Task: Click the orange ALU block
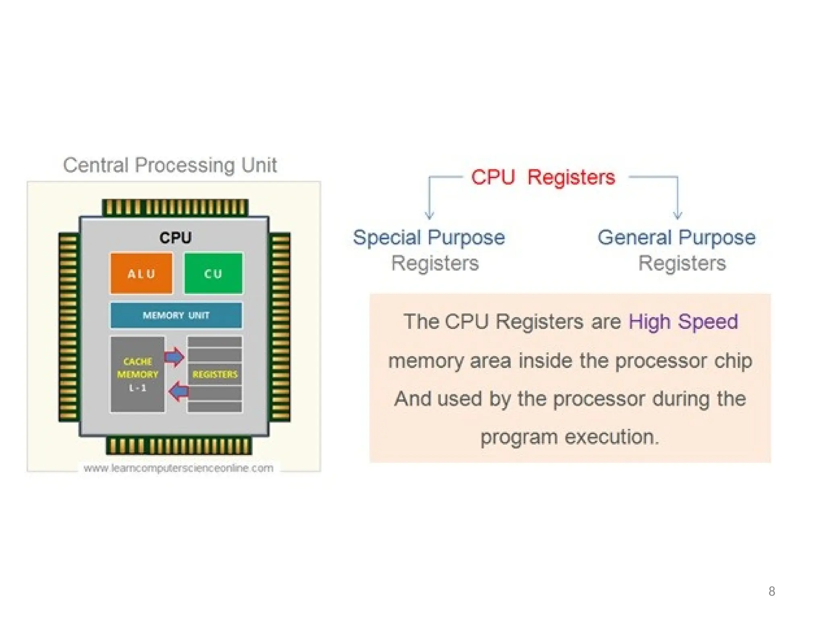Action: point(141,273)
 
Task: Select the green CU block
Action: point(213,273)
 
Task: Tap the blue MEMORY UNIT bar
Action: point(176,315)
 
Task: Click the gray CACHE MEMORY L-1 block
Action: point(137,374)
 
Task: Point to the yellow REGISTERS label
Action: point(215,374)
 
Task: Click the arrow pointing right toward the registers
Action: point(174,357)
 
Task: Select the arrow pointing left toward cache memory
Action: point(178,391)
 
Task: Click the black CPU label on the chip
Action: point(175,237)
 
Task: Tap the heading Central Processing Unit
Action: point(170,165)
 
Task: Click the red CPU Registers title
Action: point(543,177)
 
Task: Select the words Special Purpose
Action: point(429,237)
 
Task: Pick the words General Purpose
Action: point(676,237)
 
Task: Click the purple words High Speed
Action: point(683,322)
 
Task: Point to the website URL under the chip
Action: point(178,468)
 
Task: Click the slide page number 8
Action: point(771,591)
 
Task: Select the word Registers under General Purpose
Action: point(682,263)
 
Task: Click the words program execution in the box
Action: point(570,437)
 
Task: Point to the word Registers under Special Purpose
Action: point(435,263)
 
